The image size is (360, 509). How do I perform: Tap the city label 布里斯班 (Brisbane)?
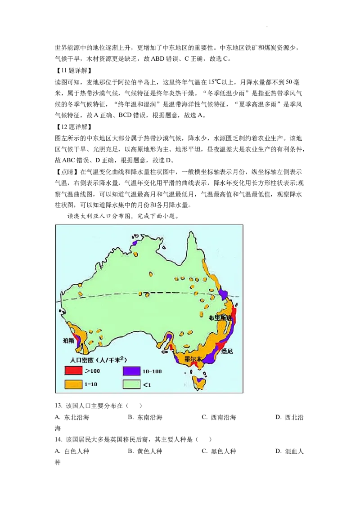220,318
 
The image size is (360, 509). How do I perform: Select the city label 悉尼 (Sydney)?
227,351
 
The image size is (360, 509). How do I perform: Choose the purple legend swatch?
131,371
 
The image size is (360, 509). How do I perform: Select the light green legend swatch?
131,384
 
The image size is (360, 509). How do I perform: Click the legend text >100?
92,371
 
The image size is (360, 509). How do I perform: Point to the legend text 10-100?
152,371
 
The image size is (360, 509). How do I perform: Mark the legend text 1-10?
91,384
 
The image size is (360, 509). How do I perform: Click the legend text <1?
147,384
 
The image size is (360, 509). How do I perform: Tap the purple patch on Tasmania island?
198,380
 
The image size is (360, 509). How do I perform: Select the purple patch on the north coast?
135,243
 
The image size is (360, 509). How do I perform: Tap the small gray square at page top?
268,27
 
